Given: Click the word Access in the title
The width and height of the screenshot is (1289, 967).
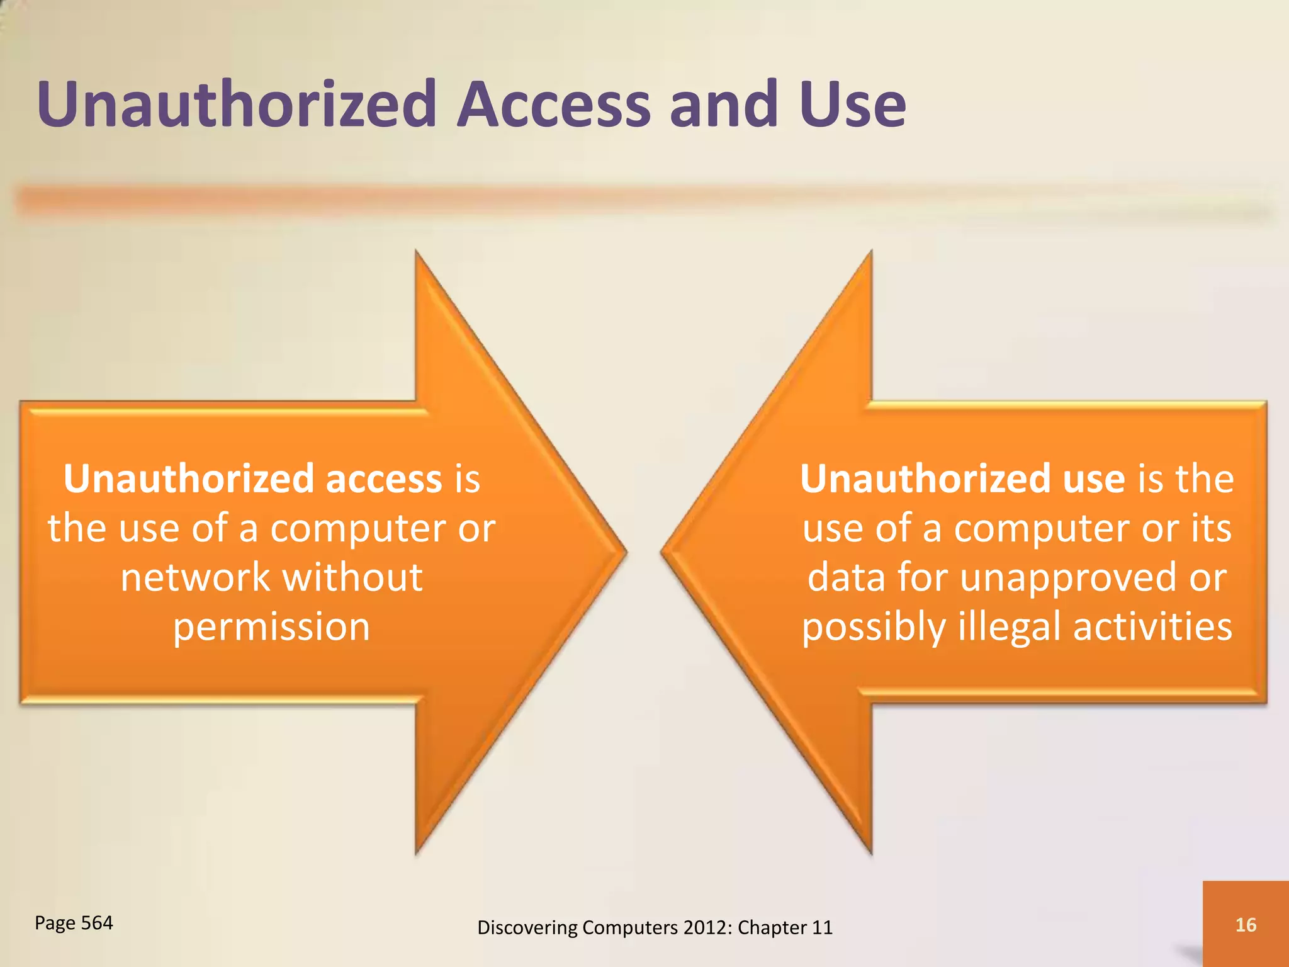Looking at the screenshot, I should coord(553,104).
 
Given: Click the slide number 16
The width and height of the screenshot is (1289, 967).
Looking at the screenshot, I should coord(1246,924).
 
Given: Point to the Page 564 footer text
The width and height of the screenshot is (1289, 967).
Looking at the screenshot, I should coord(74,922).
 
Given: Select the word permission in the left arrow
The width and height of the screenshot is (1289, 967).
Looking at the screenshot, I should coord(271,627).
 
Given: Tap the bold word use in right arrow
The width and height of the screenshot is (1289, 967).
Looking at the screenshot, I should coord(1093,479).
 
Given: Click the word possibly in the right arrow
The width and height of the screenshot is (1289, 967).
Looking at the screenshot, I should coord(873,627).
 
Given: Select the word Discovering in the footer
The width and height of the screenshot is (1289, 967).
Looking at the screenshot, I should coord(527,927).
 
